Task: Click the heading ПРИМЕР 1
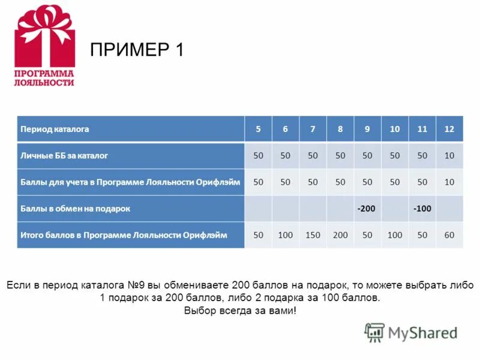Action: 136,50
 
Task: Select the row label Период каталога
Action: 55,129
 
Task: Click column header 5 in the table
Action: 258,129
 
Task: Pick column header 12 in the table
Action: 449,129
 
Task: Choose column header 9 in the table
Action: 367,129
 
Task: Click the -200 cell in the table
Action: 367,209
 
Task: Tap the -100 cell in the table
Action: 422,209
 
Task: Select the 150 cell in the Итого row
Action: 313,235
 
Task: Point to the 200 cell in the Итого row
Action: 340,235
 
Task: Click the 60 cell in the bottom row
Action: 449,235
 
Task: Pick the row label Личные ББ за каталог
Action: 64,155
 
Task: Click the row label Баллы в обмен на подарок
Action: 75,209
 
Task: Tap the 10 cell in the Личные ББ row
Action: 449,155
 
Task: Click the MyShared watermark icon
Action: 374,332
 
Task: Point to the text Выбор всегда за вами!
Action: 240,311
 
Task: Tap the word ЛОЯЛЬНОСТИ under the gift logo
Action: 44,82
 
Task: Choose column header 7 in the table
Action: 313,129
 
